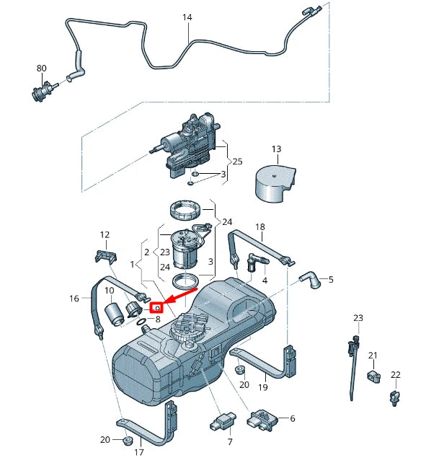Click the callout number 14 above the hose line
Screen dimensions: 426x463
pos(187,17)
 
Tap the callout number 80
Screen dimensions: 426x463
pos(42,69)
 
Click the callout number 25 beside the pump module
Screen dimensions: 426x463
pos(237,162)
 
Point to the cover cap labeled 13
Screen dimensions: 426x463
pos(275,185)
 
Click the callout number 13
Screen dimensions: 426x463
pos(276,149)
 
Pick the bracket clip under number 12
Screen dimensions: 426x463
pos(106,255)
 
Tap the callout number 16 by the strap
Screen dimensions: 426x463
pos(74,299)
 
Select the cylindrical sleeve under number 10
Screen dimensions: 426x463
pos(115,314)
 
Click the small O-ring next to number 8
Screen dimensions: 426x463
pos(142,321)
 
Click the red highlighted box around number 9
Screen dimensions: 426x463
pos(156,308)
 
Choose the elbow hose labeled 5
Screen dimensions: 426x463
pos(311,279)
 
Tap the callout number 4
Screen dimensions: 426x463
pos(265,281)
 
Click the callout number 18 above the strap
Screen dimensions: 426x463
pos(260,226)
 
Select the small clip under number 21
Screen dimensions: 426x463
pos(374,376)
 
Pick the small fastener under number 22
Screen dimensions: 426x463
pos(395,398)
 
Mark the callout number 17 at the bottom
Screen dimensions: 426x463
pos(138,452)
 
